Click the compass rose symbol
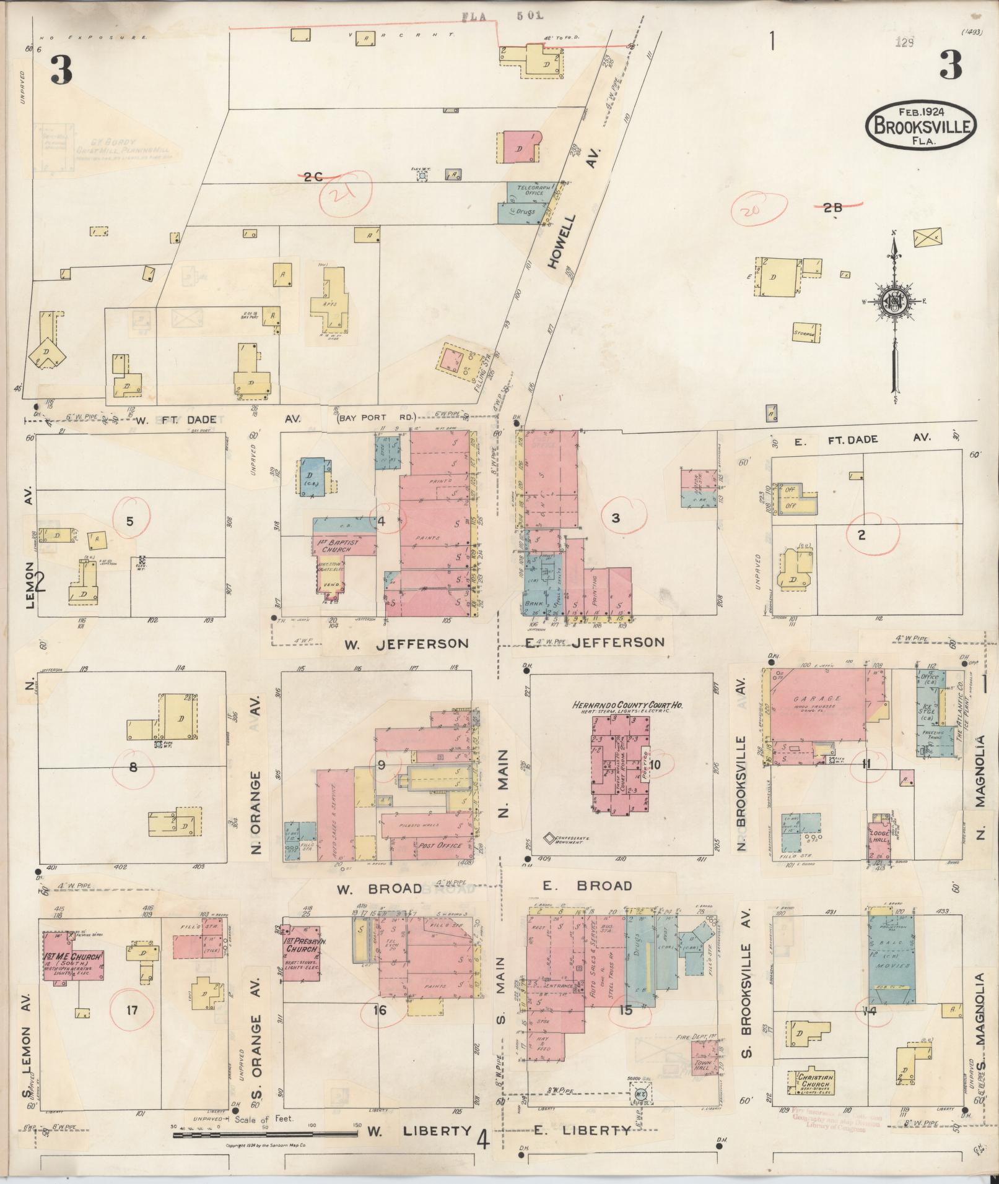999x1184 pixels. coord(894,301)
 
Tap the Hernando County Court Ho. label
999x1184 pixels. coord(622,706)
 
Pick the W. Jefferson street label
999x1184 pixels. coord(406,644)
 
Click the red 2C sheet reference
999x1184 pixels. coord(313,177)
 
